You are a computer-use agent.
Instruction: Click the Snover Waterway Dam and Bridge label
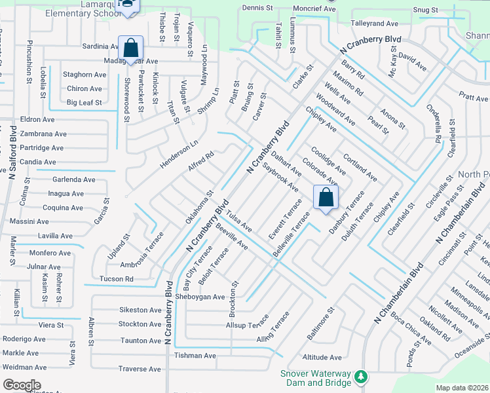coord(312,378)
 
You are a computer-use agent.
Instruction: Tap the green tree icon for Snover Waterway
coord(360,377)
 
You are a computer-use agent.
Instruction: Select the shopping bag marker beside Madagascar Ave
coord(130,48)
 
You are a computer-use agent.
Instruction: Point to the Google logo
coord(22,385)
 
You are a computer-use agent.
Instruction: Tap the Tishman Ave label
coord(195,356)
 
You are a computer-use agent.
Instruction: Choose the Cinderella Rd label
coord(437,123)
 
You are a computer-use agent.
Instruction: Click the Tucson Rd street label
coord(115,278)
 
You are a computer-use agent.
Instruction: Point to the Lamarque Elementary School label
coord(79,5)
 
